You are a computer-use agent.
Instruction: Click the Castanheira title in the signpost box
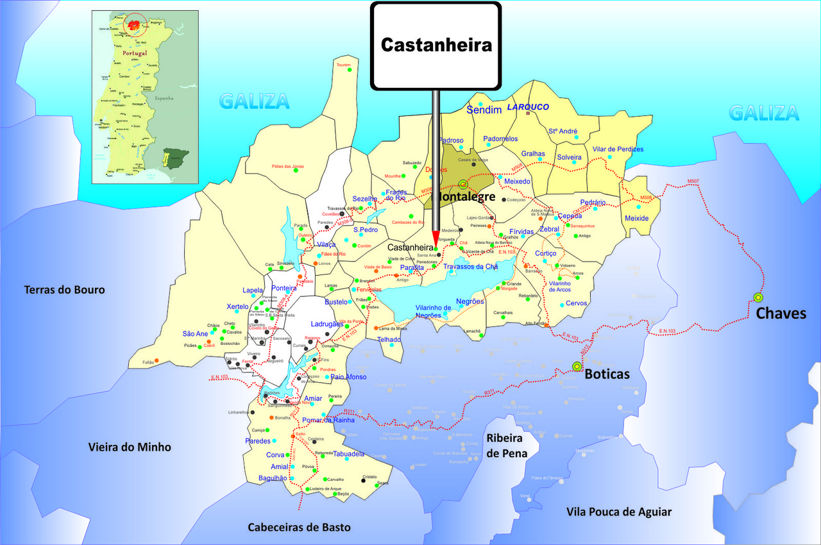point(436,45)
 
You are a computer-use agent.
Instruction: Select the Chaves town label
point(781,314)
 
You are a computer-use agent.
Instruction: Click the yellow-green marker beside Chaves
point(758,298)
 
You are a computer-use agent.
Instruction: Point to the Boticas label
point(607,374)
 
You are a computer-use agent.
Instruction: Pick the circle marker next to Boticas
point(577,366)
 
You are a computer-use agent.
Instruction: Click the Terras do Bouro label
point(64,290)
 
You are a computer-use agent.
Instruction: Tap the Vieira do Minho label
point(130,447)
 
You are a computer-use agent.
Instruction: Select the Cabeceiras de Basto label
point(300,527)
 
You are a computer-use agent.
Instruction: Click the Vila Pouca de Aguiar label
point(619,512)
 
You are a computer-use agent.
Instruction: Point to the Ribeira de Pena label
point(507,446)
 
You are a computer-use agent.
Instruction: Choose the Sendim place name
point(484,110)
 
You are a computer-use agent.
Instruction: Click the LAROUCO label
point(529,107)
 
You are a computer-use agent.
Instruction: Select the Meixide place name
point(637,219)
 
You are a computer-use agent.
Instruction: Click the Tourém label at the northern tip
point(344,65)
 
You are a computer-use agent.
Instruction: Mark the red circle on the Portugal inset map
point(135,26)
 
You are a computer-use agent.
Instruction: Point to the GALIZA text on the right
point(764,113)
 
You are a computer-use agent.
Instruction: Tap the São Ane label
point(195,333)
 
